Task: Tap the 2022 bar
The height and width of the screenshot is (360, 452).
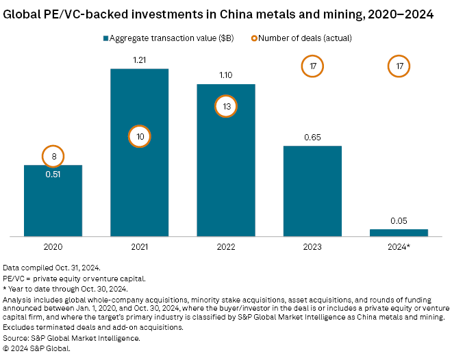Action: click(226, 164)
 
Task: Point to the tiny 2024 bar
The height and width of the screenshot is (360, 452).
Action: click(399, 233)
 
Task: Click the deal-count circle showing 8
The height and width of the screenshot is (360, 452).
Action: click(53, 157)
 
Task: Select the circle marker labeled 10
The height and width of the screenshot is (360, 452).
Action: click(139, 137)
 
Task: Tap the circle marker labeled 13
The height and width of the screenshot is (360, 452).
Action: click(226, 106)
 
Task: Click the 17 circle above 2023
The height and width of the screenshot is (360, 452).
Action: click(312, 66)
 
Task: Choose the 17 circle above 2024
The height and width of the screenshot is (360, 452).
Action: click(399, 66)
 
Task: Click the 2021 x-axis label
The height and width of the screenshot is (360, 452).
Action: click(139, 245)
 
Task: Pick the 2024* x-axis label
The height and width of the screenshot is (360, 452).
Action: click(399, 245)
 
